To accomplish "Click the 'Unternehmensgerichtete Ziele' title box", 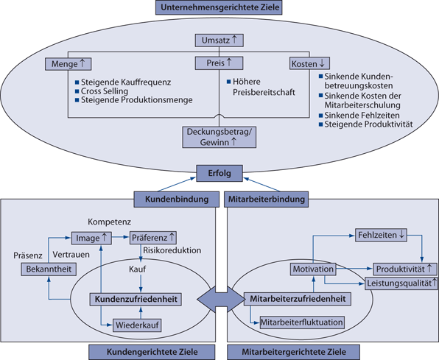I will pyautogui.click(x=219, y=7).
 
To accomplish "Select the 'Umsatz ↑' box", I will pyautogui.click(x=219, y=39).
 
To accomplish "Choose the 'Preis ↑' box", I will pyautogui.click(x=219, y=63).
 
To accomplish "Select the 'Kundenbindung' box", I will pyautogui.click(x=169, y=199).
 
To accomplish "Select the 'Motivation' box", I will pyautogui.click(x=312, y=269).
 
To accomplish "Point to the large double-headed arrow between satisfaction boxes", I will pyautogui.click(x=219, y=299).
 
